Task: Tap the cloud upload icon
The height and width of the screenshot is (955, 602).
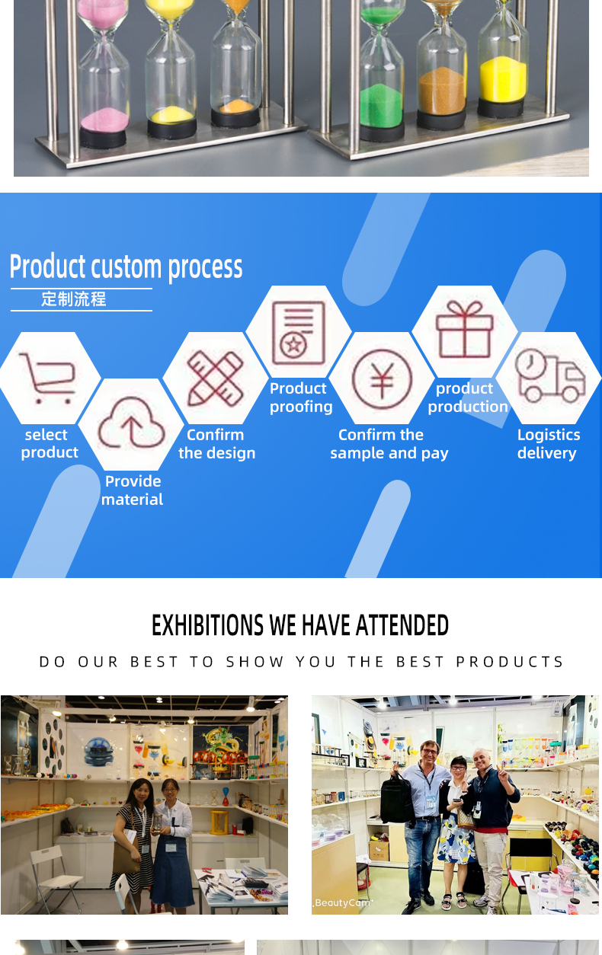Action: tap(131, 423)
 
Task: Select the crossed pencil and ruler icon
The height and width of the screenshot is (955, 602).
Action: tap(216, 378)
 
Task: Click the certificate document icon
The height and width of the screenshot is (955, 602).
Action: tap(299, 333)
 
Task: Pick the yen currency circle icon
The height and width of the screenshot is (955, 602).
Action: tap(382, 379)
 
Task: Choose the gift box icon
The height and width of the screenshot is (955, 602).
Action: tap(465, 329)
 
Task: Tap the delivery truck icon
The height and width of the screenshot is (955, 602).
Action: tap(549, 376)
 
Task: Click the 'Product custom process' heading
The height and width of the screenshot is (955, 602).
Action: tap(126, 267)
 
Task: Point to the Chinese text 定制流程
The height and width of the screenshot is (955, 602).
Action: tap(73, 299)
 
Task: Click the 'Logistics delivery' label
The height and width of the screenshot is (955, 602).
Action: tap(548, 444)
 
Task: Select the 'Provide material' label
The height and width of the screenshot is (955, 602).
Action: tap(133, 490)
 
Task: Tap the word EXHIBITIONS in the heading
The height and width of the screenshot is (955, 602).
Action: tap(207, 625)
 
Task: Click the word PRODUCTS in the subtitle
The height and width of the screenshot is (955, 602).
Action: tap(510, 662)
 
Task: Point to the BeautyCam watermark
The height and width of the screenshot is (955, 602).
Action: tap(344, 902)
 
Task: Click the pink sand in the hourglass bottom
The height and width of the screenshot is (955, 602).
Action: tap(104, 120)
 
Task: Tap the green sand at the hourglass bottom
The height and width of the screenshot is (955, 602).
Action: tap(381, 105)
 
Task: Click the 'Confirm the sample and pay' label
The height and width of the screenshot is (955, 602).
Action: tap(389, 444)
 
